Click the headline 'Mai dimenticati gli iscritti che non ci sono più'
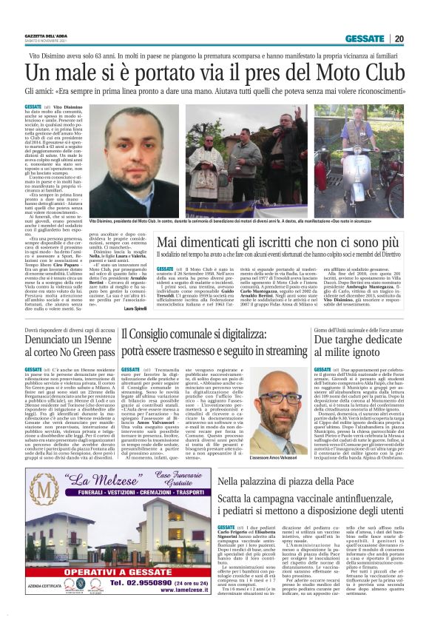click(286, 243)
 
